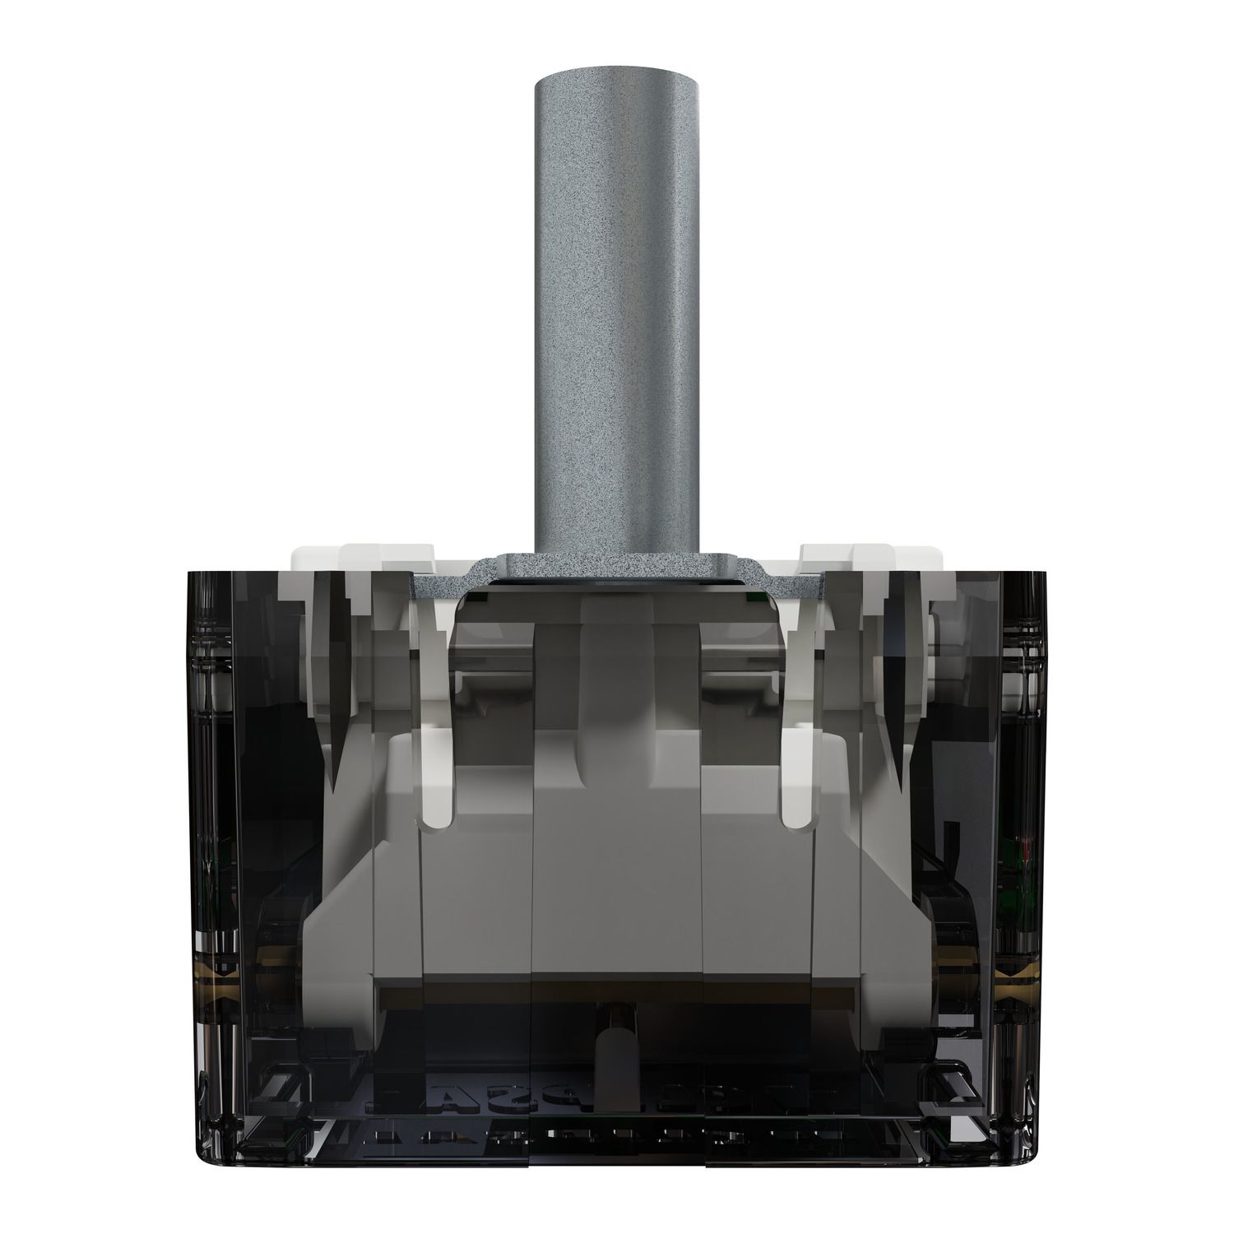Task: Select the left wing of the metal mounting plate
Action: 440,586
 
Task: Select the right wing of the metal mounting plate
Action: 794,586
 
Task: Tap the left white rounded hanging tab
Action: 436,790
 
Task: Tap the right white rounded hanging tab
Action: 796,790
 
